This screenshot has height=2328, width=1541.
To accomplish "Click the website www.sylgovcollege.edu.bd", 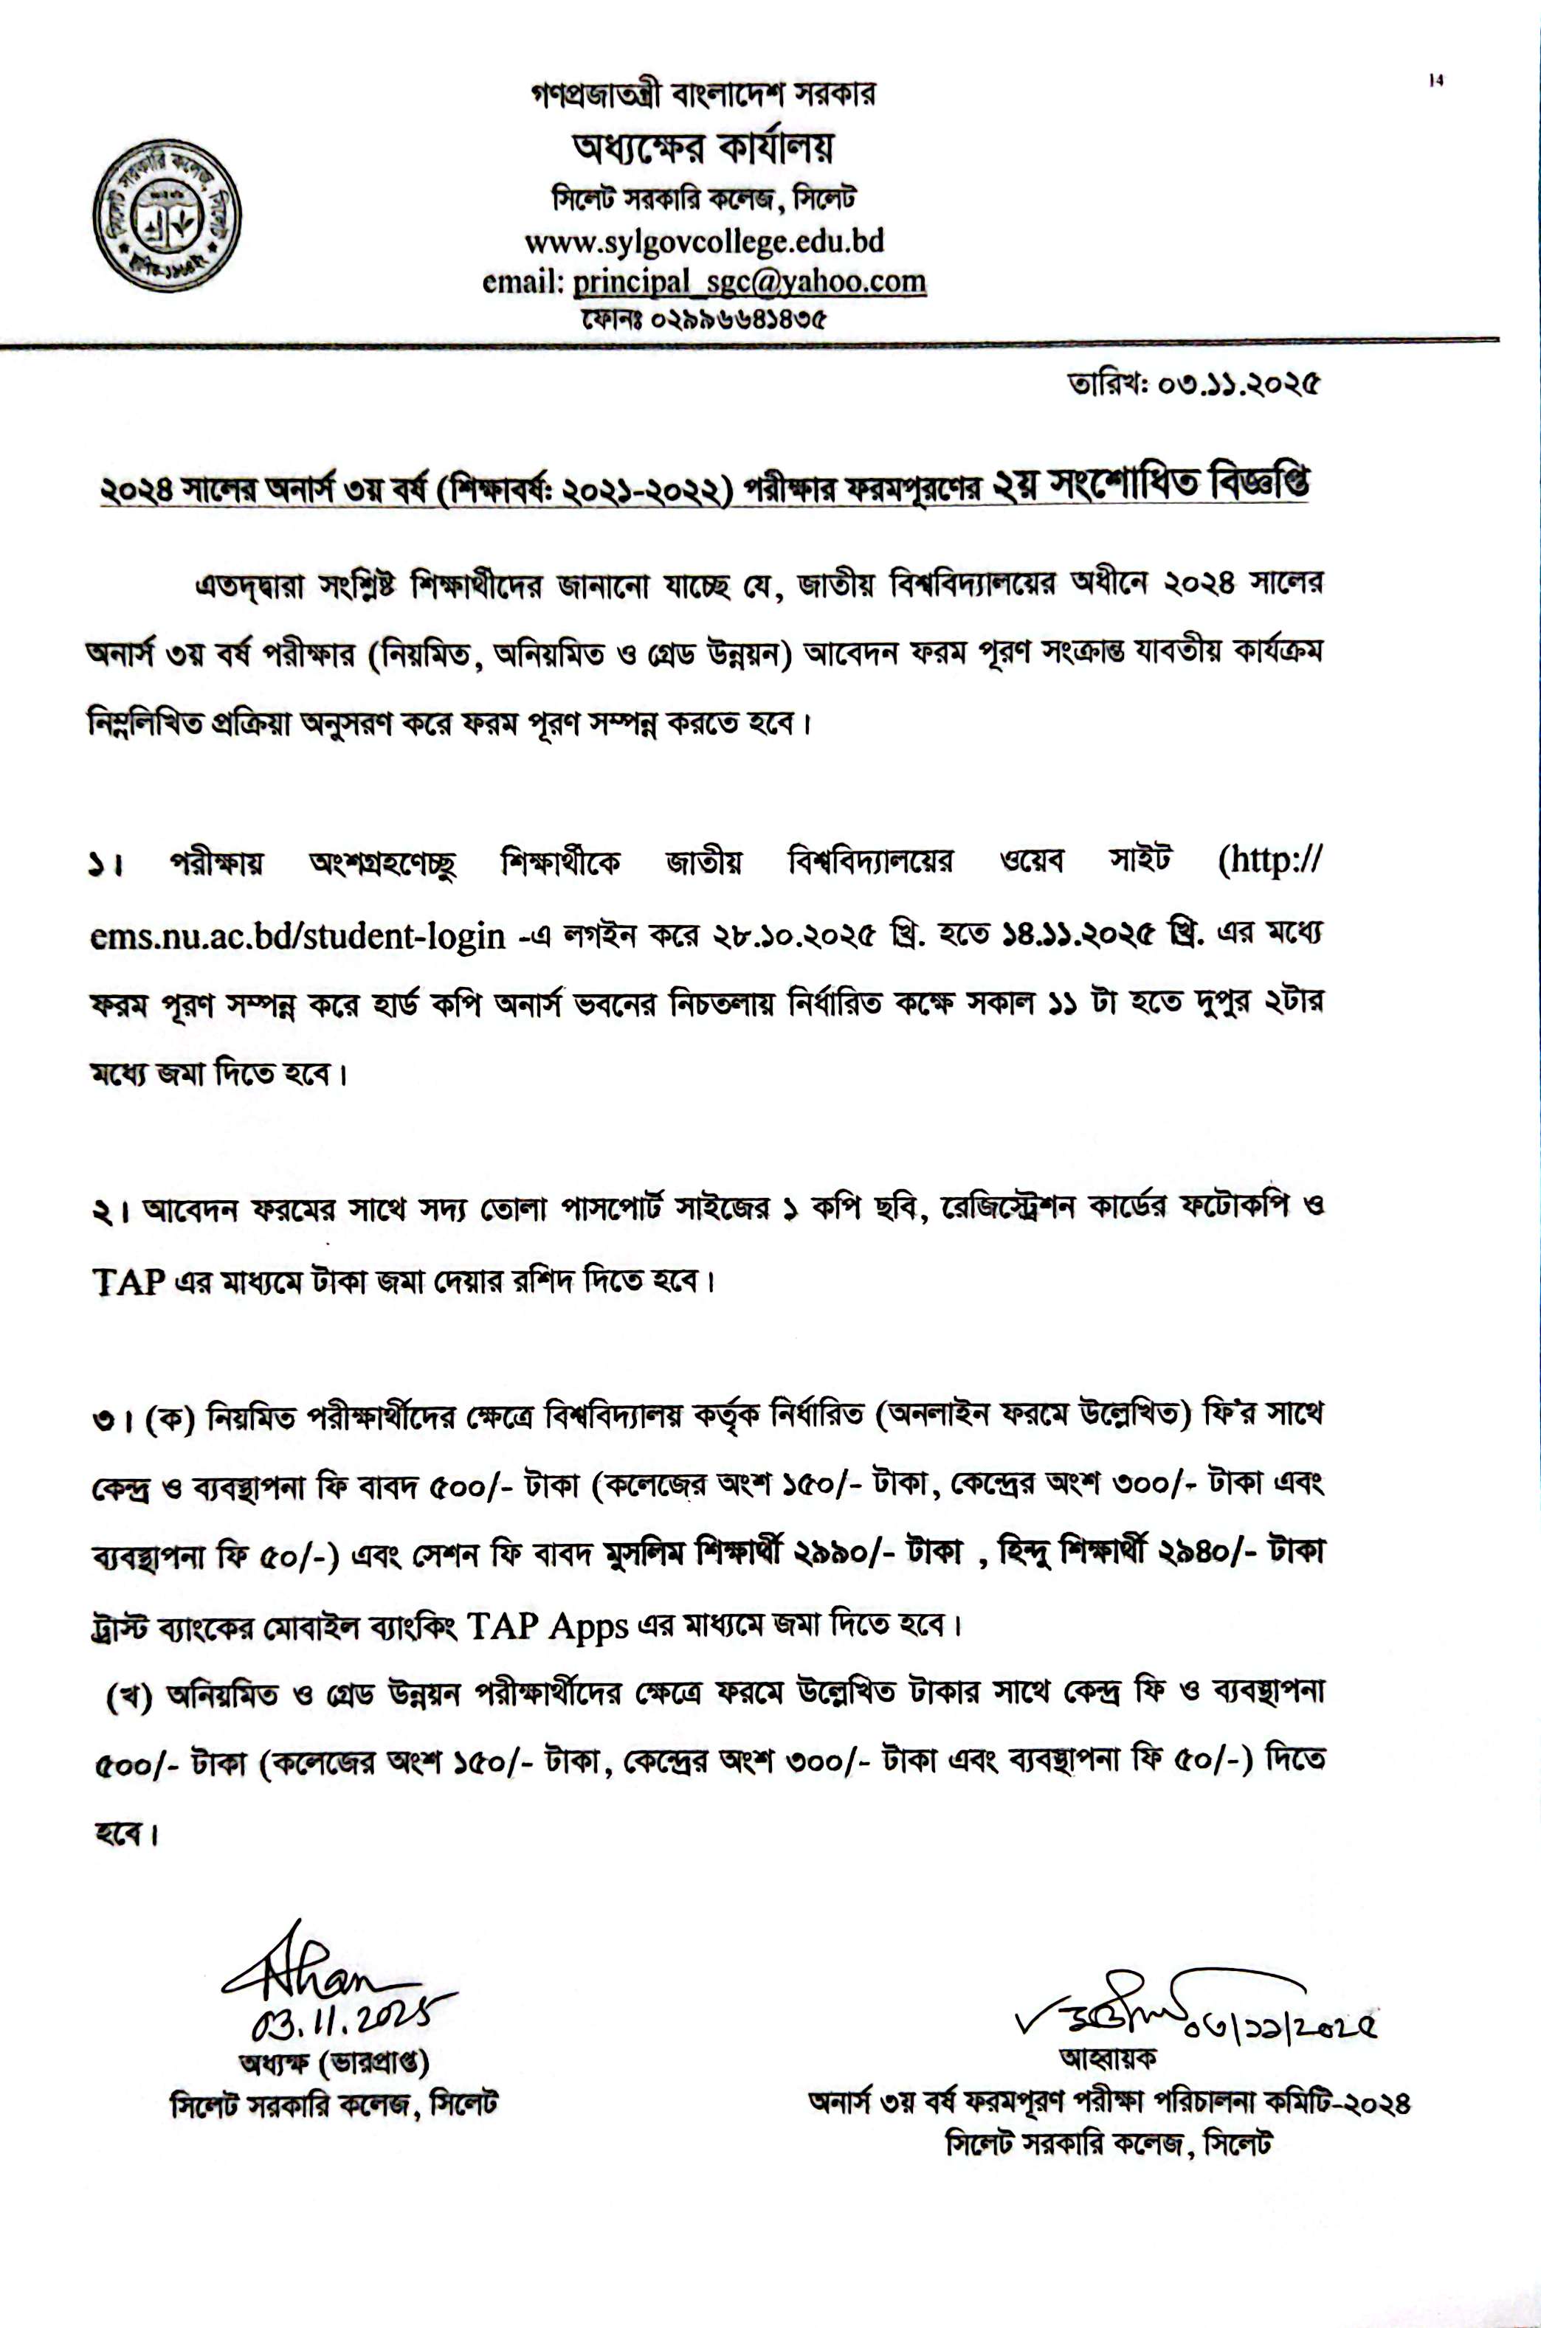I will (x=703, y=240).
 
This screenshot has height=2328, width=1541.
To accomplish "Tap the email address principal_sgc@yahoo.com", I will (x=749, y=282).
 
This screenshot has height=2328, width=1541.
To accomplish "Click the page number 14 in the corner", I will (x=1436, y=83).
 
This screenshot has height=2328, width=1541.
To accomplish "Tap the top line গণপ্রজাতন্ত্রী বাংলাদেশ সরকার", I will (x=703, y=94).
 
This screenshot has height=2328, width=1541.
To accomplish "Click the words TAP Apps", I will (x=548, y=1627).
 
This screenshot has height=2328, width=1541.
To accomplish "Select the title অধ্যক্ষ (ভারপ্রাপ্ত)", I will (x=334, y=2059).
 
